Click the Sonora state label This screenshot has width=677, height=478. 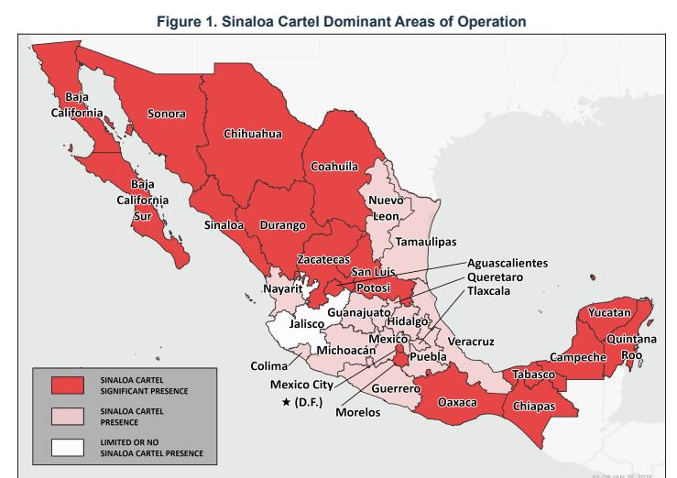click(x=166, y=114)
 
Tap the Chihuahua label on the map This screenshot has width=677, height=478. click(x=252, y=134)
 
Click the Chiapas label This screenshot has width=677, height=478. click(x=533, y=405)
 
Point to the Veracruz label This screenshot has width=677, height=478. click(x=471, y=342)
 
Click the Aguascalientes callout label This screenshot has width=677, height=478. click(x=507, y=263)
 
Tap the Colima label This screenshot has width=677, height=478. click(x=268, y=365)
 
